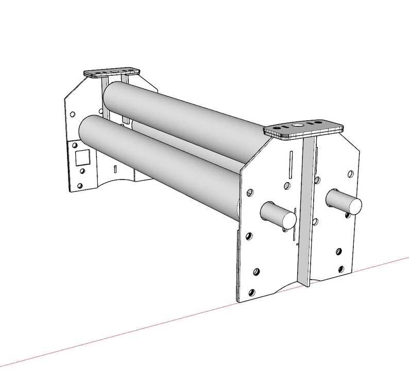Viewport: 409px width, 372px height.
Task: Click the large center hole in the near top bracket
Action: [298, 126]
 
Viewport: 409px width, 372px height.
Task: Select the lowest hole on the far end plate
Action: [80, 186]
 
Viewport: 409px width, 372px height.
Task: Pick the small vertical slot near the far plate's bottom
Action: [115, 169]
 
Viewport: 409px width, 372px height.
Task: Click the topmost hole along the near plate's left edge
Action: [250, 192]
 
